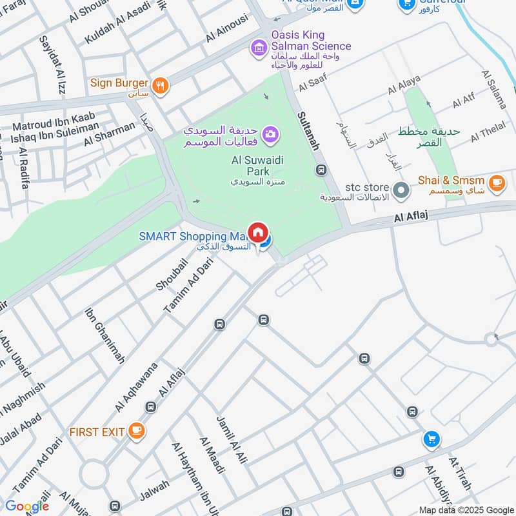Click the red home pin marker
coord(258,232)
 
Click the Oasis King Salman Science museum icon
coord(258,47)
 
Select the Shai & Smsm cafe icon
coord(496,183)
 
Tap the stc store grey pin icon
coord(401,190)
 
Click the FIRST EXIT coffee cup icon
coord(135,431)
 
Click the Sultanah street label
coord(308,130)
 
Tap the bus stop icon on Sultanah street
coord(321,170)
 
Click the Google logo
coord(27,506)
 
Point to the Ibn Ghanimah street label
coord(104,336)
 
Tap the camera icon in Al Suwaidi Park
coord(271,134)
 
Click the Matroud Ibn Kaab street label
coord(54,118)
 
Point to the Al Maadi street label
coord(212,455)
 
